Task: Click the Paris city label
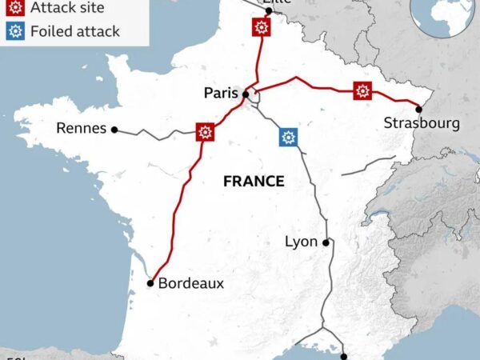[222, 94]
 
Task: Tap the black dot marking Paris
[245, 94]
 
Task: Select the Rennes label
[81, 128]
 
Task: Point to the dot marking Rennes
[114, 129]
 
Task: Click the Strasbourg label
[422, 122]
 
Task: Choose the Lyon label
[301, 242]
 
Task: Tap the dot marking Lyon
[326, 242]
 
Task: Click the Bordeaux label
[190, 283]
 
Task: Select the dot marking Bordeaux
[150, 283]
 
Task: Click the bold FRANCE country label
[254, 182]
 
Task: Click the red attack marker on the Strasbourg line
[363, 90]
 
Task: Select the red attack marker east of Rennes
[206, 131]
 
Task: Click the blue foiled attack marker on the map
[288, 136]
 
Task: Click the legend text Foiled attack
[74, 32]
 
